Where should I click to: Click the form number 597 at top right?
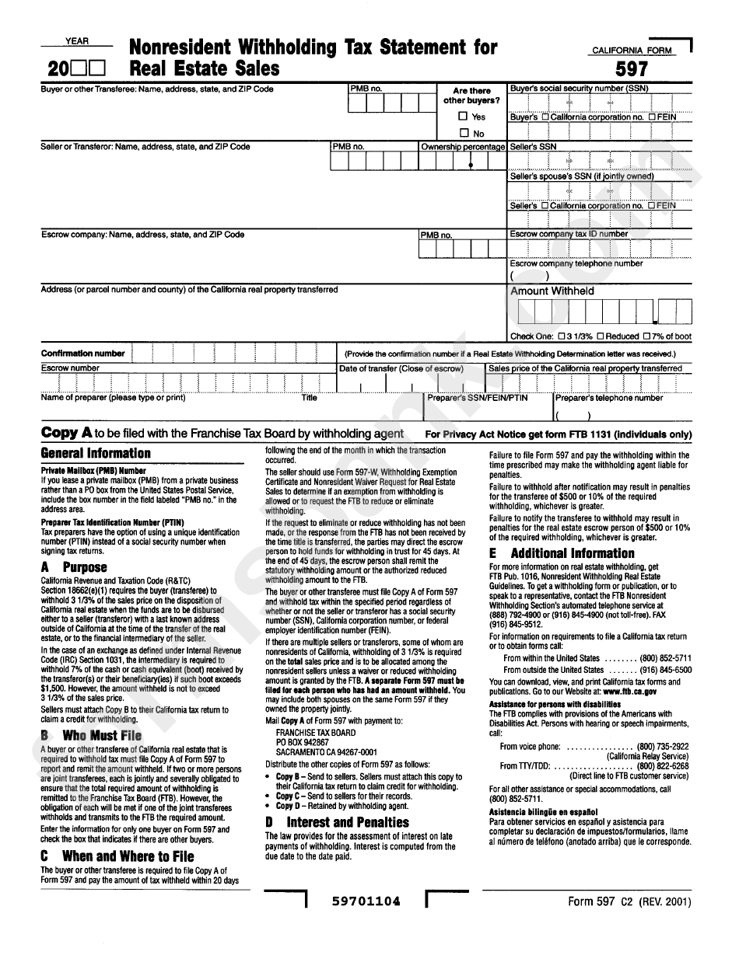point(632,69)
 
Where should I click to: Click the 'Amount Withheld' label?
point(552,291)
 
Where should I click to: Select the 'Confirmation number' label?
point(82,354)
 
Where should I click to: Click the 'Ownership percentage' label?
point(463,147)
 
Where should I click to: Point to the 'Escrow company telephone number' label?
point(576,263)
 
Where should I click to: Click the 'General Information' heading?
point(96,453)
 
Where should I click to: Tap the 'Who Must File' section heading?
point(102,735)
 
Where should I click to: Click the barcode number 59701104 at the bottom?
point(366,901)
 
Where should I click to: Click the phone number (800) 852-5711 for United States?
point(665,658)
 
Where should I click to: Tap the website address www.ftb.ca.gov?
point(629,691)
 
